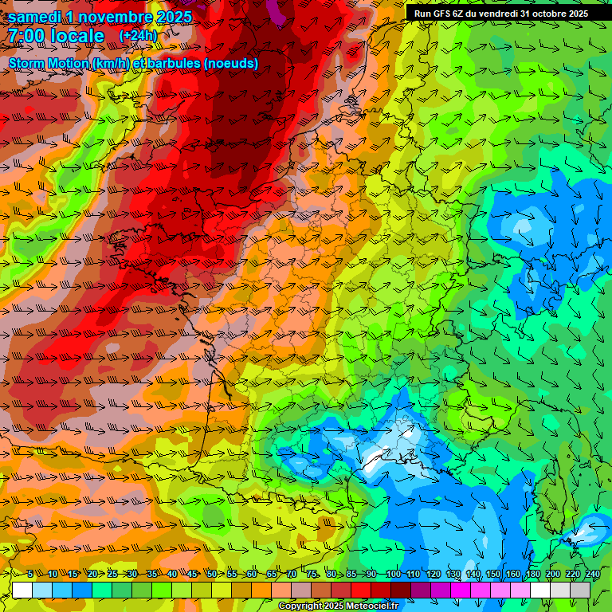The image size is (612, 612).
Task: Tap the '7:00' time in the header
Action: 29,36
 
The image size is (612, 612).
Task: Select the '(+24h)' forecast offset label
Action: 139,36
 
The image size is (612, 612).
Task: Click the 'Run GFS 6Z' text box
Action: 500,13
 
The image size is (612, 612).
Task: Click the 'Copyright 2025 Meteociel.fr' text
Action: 338,606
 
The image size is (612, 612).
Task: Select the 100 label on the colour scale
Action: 393,574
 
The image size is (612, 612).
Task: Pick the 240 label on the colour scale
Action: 592,574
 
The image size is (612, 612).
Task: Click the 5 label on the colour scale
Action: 30,574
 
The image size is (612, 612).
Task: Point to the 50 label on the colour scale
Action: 211,574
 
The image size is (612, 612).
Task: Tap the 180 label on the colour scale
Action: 532,574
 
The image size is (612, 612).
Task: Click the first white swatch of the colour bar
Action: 22,590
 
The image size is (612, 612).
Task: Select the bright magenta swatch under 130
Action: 461,590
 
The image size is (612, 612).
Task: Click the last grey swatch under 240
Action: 580,590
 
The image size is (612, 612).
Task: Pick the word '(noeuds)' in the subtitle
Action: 231,63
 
